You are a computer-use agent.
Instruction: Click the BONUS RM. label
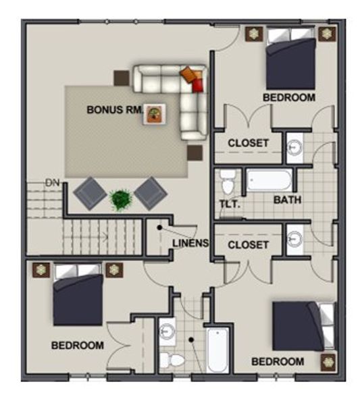pos(115,110)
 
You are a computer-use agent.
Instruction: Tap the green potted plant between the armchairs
pos(121,200)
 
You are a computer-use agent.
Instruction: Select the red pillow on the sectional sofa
pos(198,85)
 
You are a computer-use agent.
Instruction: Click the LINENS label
pos(190,243)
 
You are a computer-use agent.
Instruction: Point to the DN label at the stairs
pos(53,183)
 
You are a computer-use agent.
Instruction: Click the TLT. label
pos(230,204)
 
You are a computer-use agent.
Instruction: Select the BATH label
pos(287,200)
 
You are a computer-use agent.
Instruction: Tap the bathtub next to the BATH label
pos(269,180)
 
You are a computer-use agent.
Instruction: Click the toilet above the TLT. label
pos(228,182)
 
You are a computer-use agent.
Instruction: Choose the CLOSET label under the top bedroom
pos(249,143)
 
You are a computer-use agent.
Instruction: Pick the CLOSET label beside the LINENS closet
pos(249,245)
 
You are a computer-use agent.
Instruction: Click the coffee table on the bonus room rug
pos(155,114)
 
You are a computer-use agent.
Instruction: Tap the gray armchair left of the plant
pos(90,193)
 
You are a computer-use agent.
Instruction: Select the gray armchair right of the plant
pos(151,193)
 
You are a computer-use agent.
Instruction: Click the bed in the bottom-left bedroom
pos(78,294)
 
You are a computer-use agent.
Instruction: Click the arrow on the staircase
pos(105,237)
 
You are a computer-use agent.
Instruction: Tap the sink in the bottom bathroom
pos(167,331)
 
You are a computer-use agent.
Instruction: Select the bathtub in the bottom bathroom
pos(218,350)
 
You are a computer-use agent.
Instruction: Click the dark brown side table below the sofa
pos(195,153)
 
